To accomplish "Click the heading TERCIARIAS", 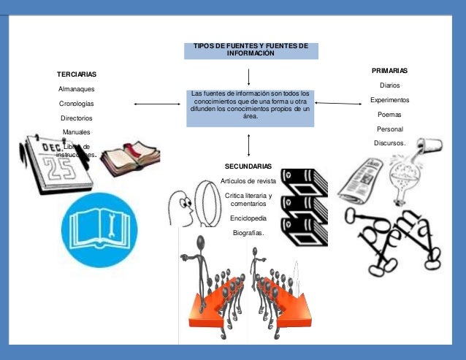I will click(76, 74).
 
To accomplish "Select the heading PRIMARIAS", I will click(389, 71).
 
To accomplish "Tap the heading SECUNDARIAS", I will click(248, 166).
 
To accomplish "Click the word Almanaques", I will click(76, 89).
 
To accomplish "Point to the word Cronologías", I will click(76, 104).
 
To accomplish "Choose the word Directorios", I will click(76, 118).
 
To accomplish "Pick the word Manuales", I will click(76, 131).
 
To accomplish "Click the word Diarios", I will click(389, 85).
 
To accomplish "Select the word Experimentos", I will click(389, 100).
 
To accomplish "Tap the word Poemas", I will click(389, 115).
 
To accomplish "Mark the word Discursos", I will click(389, 143).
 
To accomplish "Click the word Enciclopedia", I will click(248, 218).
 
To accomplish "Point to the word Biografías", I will click(248, 233).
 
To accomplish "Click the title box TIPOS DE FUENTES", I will click(251, 50).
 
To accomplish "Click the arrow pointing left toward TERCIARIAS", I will click(156, 104).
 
